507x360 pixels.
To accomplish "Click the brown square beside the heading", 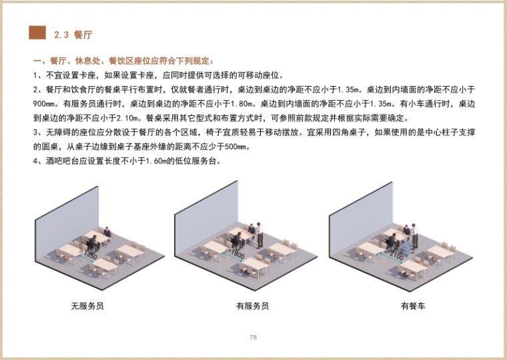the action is (37, 33).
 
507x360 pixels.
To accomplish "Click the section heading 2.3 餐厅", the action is (73, 35).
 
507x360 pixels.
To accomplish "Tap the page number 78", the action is (253, 337).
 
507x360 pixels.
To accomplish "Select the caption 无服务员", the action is (87, 306).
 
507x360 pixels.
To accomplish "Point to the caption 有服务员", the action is (253, 306).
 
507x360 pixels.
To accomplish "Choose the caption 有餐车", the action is (413, 306).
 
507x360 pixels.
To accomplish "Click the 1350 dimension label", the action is (89, 254).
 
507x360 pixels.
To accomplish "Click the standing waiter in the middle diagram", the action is (260, 235).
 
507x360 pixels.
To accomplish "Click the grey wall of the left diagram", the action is (67, 224).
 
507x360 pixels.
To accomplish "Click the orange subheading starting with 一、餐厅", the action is (123, 61).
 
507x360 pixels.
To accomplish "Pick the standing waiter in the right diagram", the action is (414, 236).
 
